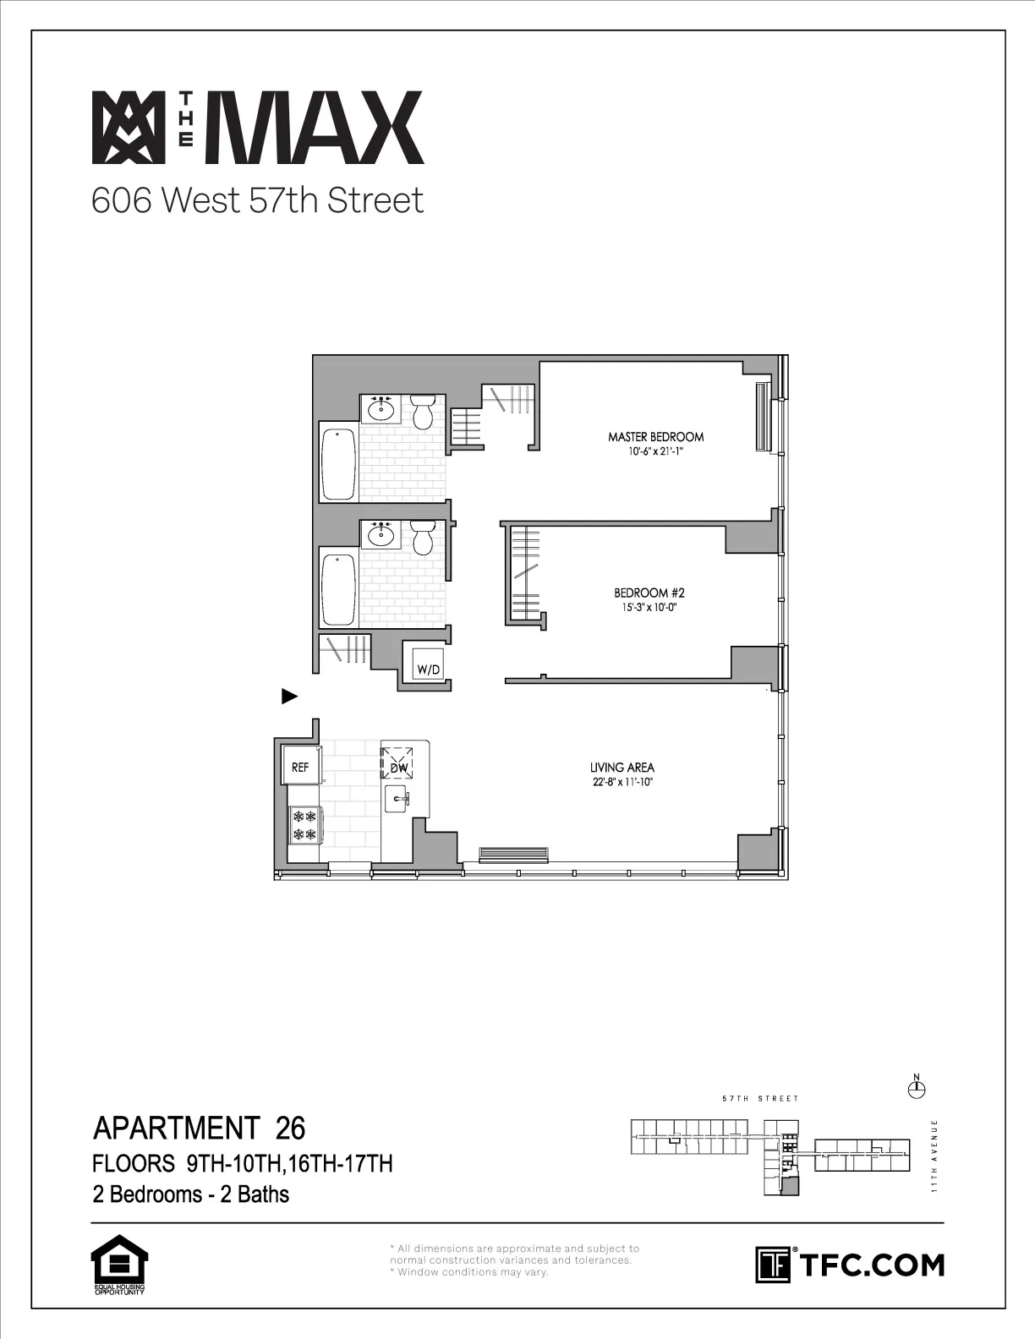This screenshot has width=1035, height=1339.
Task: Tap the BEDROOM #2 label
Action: click(x=643, y=593)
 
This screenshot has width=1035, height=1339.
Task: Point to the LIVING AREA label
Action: click(x=622, y=768)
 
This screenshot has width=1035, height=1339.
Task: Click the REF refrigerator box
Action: click(x=300, y=767)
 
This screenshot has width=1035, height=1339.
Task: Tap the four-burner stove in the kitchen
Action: click(x=304, y=825)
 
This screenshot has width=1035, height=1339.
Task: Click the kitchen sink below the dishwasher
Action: click(x=397, y=798)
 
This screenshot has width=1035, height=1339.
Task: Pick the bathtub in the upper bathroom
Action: click(x=338, y=465)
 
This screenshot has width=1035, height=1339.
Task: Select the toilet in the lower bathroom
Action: click(x=423, y=538)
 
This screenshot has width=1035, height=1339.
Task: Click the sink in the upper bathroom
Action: click(x=381, y=409)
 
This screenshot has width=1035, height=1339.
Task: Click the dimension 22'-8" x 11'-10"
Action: click(x=622, y=783)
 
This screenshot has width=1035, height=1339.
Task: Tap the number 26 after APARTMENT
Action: click(x=290, y=1128)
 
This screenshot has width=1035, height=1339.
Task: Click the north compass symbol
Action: click(x=916, y=1088)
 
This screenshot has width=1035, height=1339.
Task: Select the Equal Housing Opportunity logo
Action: click(x=118, y=1265)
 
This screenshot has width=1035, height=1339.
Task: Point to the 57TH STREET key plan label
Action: click(x=760, y=1099)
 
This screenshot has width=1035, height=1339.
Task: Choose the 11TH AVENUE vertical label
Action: click(x=934, y=1156)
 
